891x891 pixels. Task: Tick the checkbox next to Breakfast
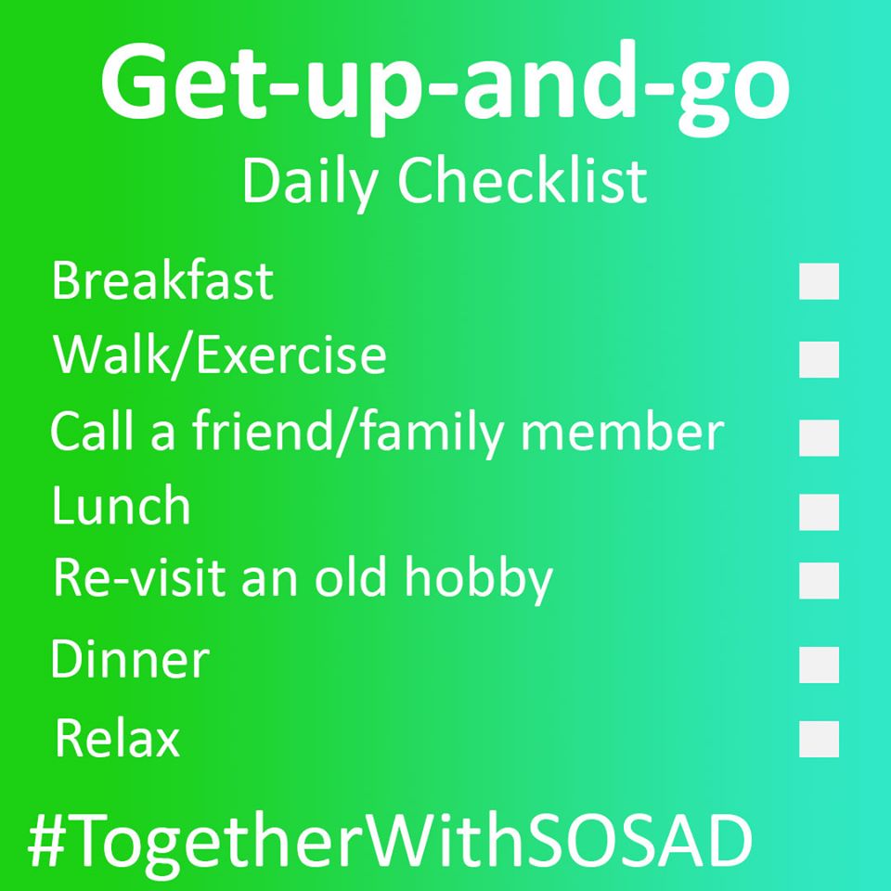click(819, 280)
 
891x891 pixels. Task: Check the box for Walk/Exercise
click(819, 359)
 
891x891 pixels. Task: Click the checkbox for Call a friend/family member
click(819, 437)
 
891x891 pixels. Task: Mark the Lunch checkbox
click(819, 512)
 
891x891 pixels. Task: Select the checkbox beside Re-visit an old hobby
click(819, 580)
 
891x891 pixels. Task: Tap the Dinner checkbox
click(819, 665)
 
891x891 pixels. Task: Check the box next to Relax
click(819, 739)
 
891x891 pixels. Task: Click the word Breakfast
click(162, 280)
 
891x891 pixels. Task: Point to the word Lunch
click(121, 505)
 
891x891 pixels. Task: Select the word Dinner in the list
click(130, 659)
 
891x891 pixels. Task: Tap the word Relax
click(118, 738)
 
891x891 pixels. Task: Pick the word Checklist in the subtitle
click(523, 181)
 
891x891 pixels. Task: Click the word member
click(623, 432)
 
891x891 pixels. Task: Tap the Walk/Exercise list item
click(220, 355)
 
